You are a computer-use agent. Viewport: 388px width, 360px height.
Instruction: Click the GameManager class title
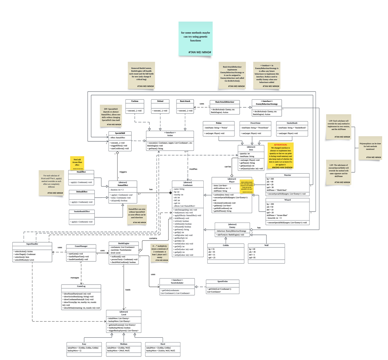(81, 246)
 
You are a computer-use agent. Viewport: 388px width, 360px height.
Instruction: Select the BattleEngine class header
(124, 243)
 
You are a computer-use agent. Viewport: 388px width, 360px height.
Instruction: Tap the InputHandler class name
(32, 244)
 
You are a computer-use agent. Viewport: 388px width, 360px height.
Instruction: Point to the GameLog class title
(81, 286)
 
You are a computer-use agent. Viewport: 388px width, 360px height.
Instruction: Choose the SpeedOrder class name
(222, 281)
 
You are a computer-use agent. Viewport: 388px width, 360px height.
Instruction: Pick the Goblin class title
(226, 245)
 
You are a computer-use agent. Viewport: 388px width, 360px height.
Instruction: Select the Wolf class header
(266, 245)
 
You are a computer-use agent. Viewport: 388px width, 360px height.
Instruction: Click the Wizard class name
(287, 200)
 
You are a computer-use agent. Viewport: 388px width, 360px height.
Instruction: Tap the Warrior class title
(287, 175)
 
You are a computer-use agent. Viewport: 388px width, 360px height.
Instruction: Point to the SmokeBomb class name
(292, 123)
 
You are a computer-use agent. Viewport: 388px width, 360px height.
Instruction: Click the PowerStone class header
(255, 123)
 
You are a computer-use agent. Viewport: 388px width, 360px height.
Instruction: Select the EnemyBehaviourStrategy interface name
(267, 104)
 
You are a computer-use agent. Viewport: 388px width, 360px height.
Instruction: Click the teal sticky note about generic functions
(195, 38)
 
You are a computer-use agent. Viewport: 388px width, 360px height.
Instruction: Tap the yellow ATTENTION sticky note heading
(280, 145)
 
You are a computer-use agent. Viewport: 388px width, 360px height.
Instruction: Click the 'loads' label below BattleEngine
(128, 290)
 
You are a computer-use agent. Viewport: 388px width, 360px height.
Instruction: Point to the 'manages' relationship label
(75, 278)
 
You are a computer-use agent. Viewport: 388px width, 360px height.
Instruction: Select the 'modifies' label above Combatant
(193, 169)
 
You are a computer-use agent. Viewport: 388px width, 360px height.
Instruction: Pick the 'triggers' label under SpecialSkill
(123, 172)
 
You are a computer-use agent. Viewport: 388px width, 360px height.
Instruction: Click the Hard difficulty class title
(163, 344)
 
